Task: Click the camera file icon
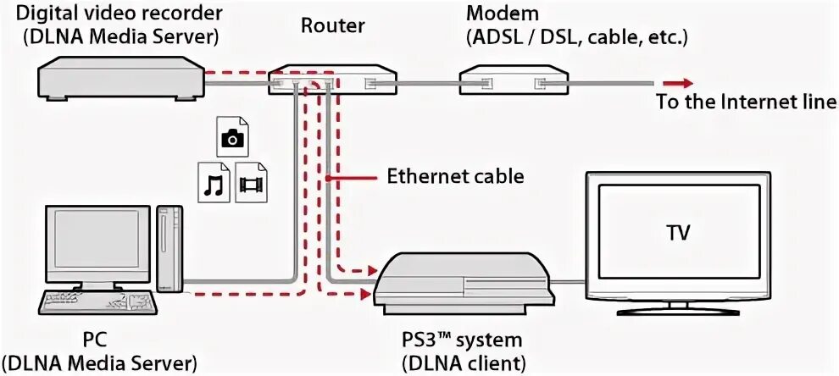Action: pos(231,137)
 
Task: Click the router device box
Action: pos(333,81)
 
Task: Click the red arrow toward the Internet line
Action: pos(679,82)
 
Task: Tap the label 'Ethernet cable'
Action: pos(455,177)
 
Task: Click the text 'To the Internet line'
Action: pos(746,102)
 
